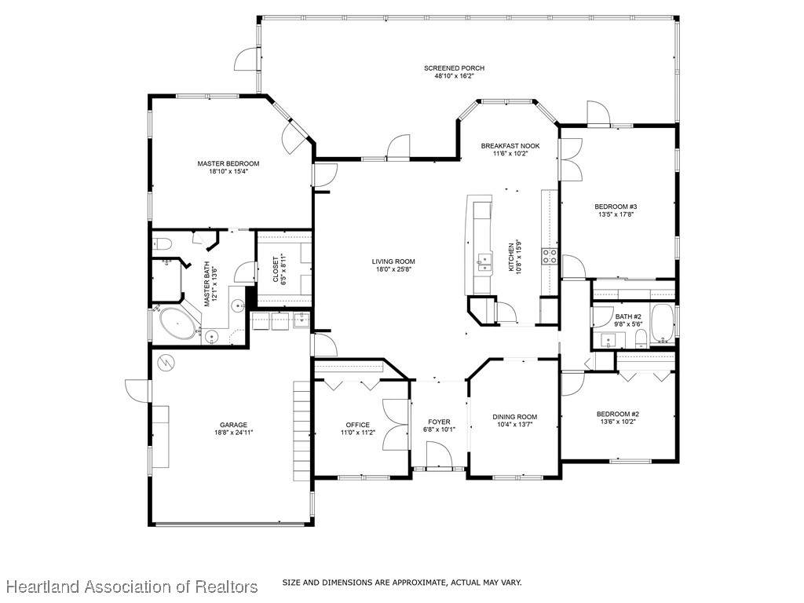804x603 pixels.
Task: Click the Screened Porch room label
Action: pos(454,68)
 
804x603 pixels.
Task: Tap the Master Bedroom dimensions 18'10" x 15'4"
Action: pos(228,172)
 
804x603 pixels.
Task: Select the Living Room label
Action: pos(393,261)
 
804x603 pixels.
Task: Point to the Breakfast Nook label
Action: pos(510,146)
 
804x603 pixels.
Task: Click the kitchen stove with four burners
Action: pos(550,256)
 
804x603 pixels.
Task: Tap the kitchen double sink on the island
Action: pos(484,261)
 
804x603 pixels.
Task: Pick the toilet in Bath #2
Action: pos(641,338)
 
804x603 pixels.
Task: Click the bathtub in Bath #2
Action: pos(663,323)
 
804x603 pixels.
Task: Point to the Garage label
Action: pos(233,425)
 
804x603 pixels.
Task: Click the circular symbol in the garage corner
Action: pos(166,363)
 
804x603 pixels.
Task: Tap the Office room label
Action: pos(357,425)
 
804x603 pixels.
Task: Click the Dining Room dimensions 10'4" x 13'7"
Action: pos(515,425)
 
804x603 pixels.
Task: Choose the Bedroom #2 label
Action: pos(618,415)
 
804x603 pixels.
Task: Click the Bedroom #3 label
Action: pos(616,206)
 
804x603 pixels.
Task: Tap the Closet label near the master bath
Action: pos(276,269)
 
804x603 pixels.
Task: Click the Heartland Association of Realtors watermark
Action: pos(132,586)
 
